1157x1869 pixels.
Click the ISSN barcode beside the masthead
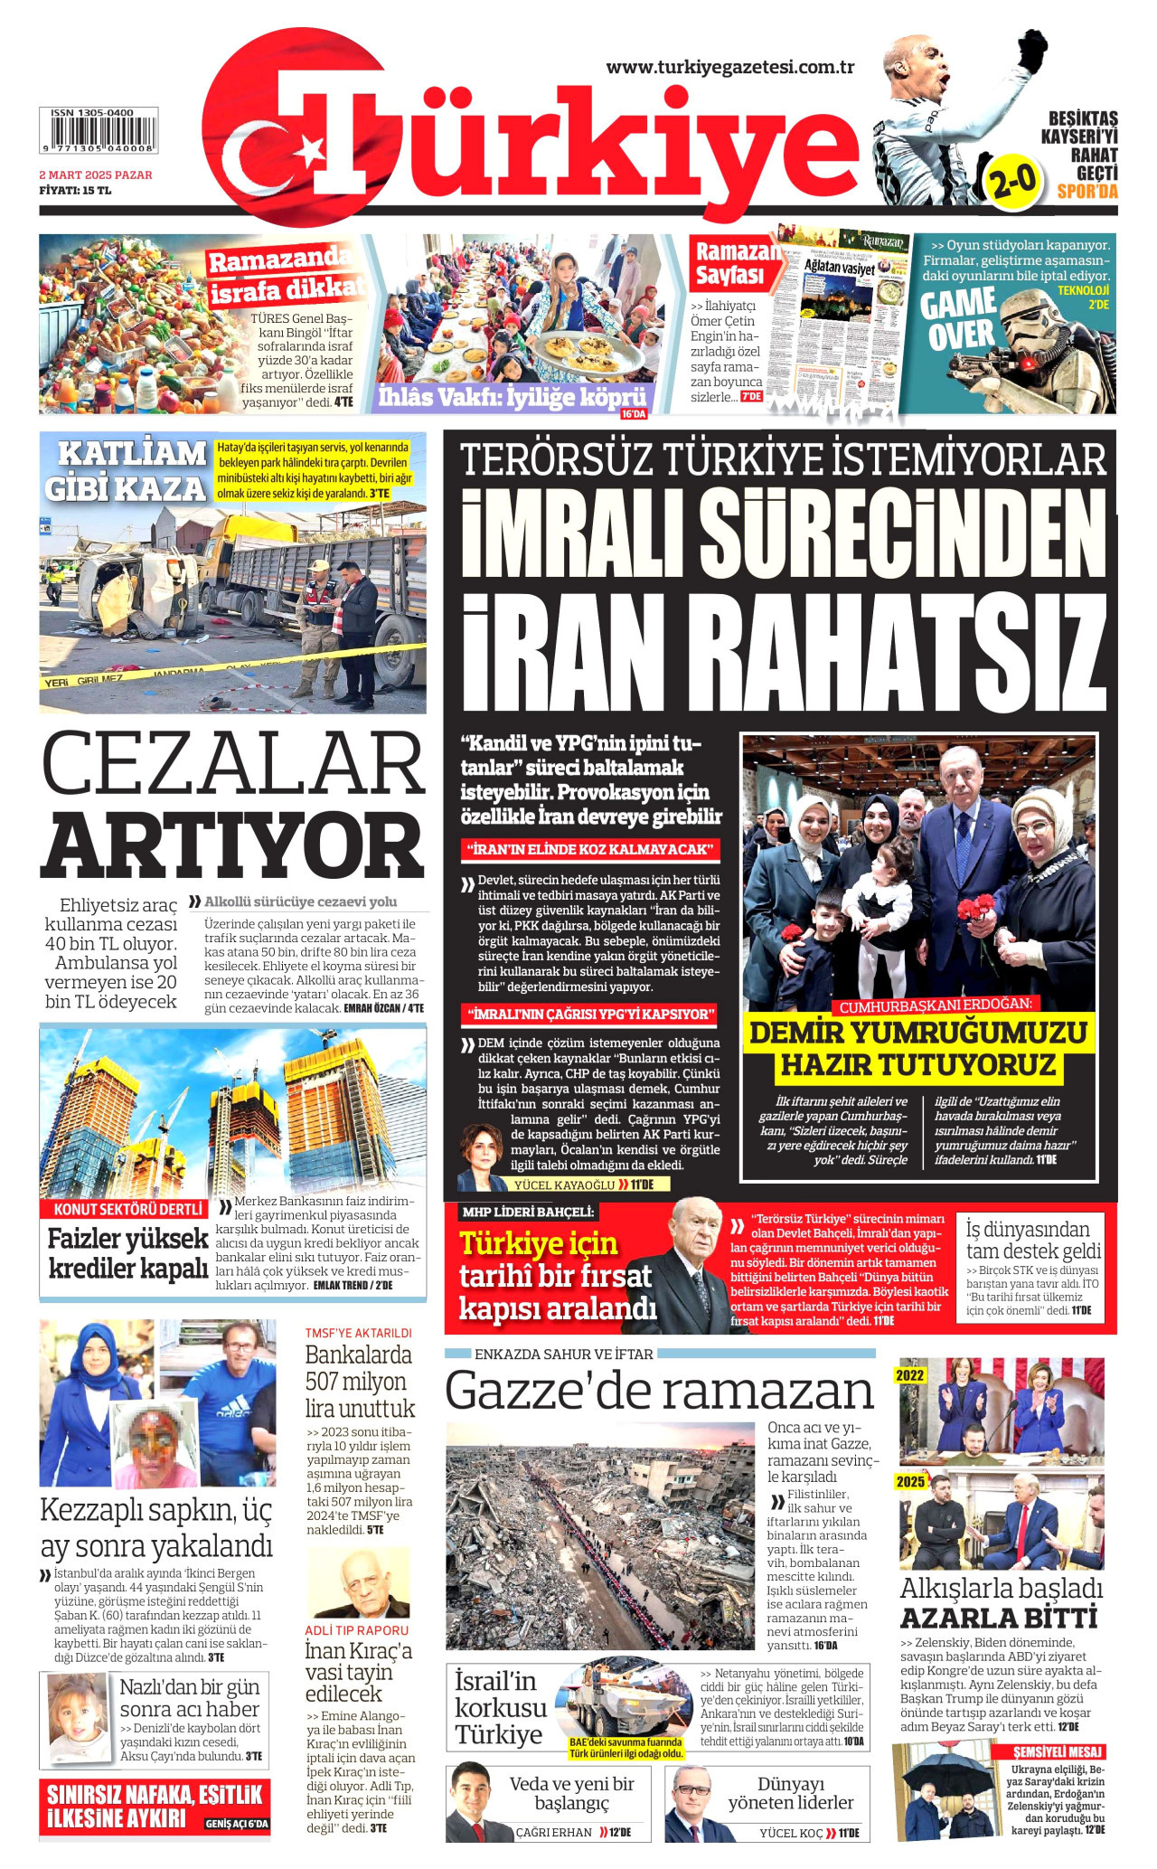[x=98, y=132]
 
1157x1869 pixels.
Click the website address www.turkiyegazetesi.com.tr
[x=730, y=67]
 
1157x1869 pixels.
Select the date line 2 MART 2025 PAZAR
[x=96, y=175]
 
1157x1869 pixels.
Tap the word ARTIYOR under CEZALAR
[x=233, y=845]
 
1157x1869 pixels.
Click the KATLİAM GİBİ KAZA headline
[x=127, y=470]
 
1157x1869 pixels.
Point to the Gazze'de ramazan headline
[x=660, y=1391]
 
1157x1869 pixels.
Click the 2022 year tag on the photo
[x=910, y=1375]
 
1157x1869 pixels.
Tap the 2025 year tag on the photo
[x=910, y=1481]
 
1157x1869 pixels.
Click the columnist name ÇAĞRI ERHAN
[x=554, y=1832]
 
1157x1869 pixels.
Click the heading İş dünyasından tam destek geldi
[x=1033, y=1240]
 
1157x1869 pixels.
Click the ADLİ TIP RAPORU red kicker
[x=356, y=1630]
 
